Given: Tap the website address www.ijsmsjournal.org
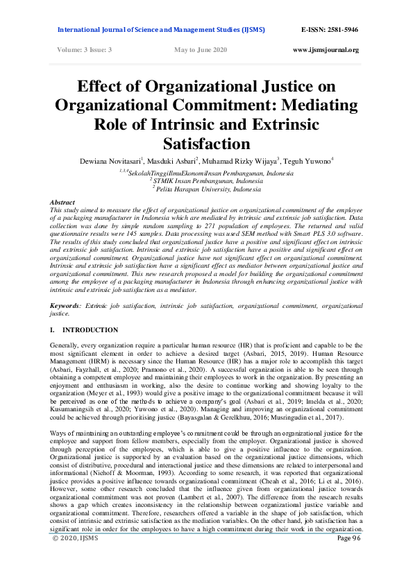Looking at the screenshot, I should pos(326,50).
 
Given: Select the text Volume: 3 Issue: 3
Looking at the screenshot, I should pos(83,50).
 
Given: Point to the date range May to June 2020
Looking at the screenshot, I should pos(201,50).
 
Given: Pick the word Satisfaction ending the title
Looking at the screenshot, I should pos(205,144).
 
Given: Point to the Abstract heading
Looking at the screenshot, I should pos(64,201).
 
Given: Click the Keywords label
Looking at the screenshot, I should pos(67,306).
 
